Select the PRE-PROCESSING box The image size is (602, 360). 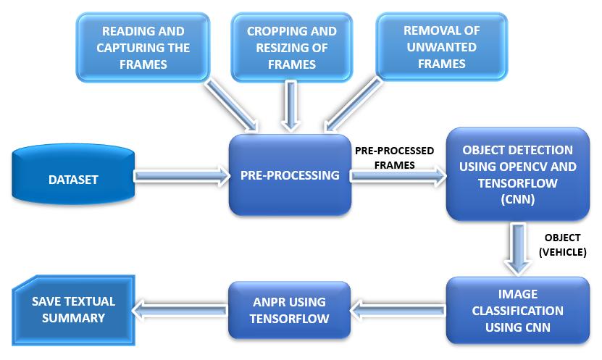coord(290,175)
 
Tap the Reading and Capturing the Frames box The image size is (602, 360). coord(143,47)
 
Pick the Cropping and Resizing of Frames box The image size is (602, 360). coord(292,47)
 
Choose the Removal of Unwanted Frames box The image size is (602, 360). coord(441,47)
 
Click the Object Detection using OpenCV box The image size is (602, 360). coord(517,175)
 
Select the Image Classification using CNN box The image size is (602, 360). coord(517,310)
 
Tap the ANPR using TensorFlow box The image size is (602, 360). coord(290,310)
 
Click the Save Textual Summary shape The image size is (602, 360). coord(73,310)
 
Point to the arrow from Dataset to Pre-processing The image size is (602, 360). coord(182,176)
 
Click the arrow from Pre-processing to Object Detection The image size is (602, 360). coord(399,176)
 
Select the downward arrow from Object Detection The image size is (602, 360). coord(518,248)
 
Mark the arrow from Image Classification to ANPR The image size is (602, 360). coord(398,310)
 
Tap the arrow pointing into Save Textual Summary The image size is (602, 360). coord(180,309)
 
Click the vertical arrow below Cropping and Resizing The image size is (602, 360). coord(291,106)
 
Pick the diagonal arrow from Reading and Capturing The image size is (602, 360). coord(231,105)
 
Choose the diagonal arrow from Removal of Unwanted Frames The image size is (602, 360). coord(353,104)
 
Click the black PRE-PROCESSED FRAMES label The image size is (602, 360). coord(394,158)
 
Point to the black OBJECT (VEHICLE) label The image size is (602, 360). coord(562,245)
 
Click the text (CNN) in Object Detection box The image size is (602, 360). coord(517,200)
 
